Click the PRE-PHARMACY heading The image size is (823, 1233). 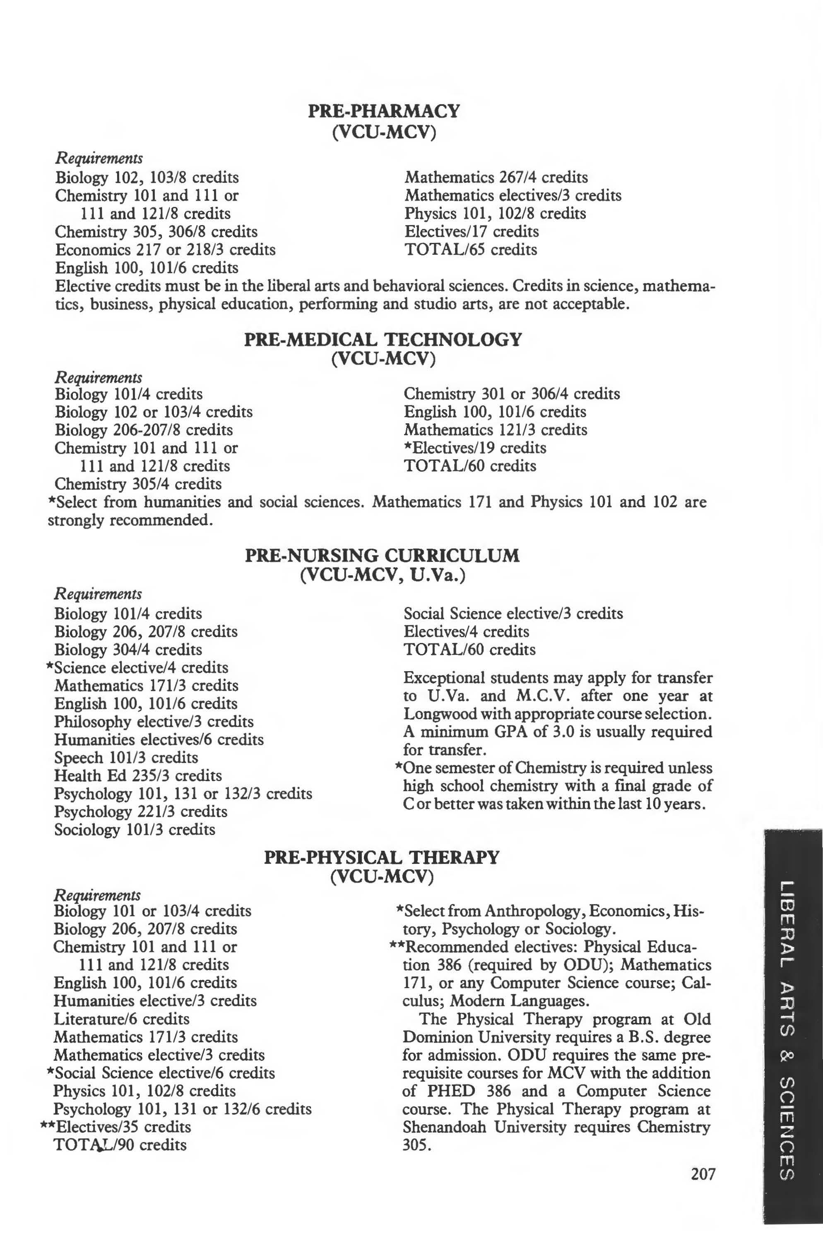coord(383,111)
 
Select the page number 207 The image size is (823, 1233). coord(703,1174)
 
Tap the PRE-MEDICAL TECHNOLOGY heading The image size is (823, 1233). coord(383,340)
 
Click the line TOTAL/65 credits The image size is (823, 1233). coord(471,249)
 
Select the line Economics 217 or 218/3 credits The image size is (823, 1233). coord(165,249)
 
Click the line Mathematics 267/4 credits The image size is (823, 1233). coord(496,177)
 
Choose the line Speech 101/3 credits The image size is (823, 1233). coord(126,758)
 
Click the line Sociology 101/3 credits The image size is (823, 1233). coord(135,830)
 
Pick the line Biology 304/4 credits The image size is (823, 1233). coord(128,650)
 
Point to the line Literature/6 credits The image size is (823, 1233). coord(121,1019)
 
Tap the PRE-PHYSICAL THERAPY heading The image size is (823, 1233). coord(382,857)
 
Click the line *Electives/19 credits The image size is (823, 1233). coord(475,448)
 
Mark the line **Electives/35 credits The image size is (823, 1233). coord(116,1127)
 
